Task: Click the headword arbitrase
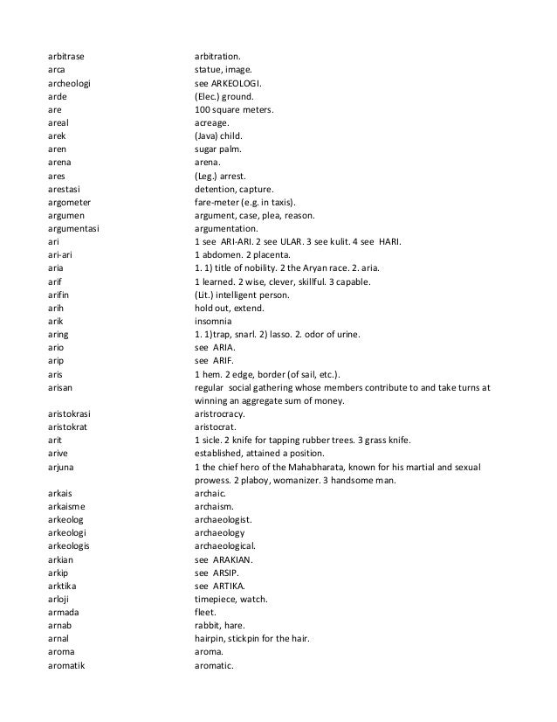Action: (66, 59)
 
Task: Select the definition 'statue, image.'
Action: (223, 72)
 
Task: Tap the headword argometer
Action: (70, 202)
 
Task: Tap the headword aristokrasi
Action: (72, 414)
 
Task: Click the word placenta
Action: (276, 253)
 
